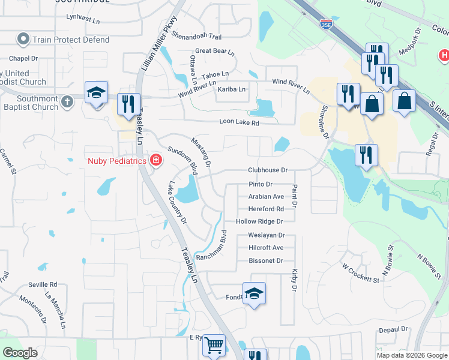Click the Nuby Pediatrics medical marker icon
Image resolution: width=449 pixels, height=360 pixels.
point(156,160)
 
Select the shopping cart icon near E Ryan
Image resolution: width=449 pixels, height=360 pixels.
point(213,345)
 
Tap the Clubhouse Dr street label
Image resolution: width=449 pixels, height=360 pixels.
point(268,170)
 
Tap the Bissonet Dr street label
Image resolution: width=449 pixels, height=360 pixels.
point(265,261)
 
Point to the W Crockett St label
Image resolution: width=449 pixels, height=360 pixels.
point(361,272)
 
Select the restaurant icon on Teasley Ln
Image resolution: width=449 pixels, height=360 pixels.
point(128,104)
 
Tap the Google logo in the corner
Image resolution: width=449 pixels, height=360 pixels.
point(20,353)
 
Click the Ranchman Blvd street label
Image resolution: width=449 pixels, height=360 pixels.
point(214,245)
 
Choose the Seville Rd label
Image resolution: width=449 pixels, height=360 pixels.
point(43,284)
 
